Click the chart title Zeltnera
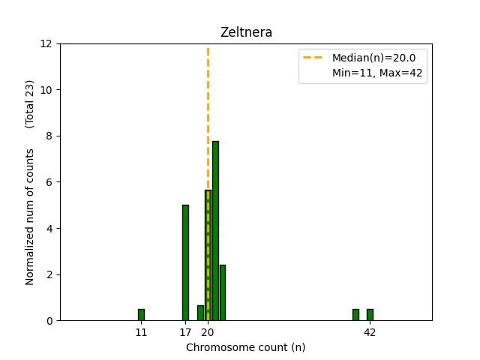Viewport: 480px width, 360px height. point(245,33)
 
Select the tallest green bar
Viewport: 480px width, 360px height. point(215,231)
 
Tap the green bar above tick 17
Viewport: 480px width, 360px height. point(185,262)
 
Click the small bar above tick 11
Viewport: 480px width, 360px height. point(141,315)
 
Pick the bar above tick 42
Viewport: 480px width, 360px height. point(370,315)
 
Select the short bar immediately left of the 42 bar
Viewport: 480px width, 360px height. point(355,315)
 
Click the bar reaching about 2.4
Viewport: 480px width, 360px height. point(223,292)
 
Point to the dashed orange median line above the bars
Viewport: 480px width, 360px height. point(208,112)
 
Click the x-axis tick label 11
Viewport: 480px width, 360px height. point(141,331)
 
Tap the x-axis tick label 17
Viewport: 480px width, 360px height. point(185,331)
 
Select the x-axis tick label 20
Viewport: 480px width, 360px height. point(208,331)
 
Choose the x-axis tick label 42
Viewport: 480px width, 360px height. point(370,331)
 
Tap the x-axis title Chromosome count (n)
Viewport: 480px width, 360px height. point(245,347)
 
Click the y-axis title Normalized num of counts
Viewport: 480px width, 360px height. point(30,216)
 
